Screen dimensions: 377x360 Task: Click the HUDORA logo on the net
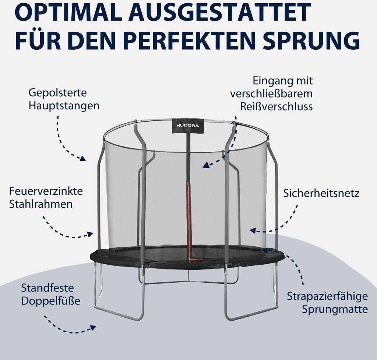click(188, 126)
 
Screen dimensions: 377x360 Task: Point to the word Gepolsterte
click(57, 92)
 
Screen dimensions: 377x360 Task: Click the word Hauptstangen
click(64, 106)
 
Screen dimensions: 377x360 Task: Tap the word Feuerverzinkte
click(46, 191)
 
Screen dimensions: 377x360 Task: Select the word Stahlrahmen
click(41, 204)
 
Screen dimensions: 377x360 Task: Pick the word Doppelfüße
click(50, 301)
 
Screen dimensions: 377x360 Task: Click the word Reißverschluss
click(276, 106)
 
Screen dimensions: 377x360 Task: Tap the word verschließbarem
click(271, 93)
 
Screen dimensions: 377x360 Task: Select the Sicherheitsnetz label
click(321, 193)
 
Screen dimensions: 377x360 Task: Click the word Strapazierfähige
click(327, 296)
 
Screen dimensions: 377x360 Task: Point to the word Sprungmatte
click(335, 309)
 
